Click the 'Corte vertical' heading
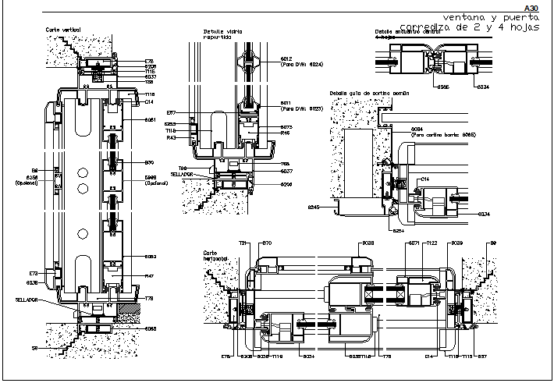[x=63, y=29]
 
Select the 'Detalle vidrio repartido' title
[x=222, y=34]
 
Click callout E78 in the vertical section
[x=150, y=61]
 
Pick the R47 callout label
[x=150, y=276]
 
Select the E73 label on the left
[x=34, y=273]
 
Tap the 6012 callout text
[x=286, y=59]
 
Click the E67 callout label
[x=171, y=113]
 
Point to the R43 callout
[x=171, y=137]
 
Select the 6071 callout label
[x=414, y=243]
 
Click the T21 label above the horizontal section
[x=243, y=243]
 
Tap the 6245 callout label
[x=314, y=207]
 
